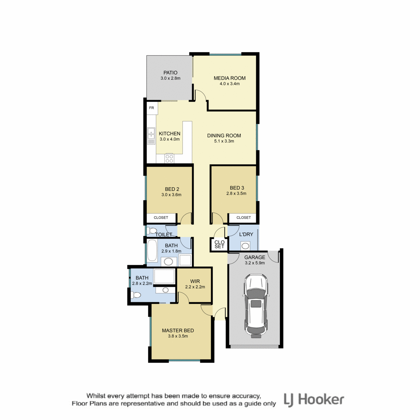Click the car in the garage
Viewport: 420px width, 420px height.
(x=255, y=306)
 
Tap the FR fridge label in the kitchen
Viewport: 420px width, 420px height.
(x=152, y=108)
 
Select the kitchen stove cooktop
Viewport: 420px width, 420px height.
(x=169, y=158)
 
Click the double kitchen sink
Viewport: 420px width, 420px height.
(x=151, y=136)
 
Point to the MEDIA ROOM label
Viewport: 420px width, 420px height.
(x=230, y=78)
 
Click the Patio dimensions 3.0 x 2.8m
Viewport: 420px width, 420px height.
(x=170, y=78)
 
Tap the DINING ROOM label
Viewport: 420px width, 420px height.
(x=224, y=135)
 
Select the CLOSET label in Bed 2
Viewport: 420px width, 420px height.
(x=161, y=217)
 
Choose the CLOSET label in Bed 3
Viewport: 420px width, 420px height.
(x=244, y=217)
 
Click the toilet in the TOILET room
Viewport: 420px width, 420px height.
(x=152, y=230)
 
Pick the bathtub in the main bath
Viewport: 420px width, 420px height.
(x=152, y=251)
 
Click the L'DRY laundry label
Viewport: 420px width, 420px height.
(x=246, y=234)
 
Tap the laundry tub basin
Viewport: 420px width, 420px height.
(x=245, y=246)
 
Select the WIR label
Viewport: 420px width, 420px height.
(x=195, y=281)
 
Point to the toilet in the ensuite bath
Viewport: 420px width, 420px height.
(x=135, y=295)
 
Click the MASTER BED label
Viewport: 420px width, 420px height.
(x=178, y=330)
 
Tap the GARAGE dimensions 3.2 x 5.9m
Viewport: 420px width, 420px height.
(x=255, y=263)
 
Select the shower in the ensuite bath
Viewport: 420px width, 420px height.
(x=164, y=276)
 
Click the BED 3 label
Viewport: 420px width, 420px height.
(x=237, y=188)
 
